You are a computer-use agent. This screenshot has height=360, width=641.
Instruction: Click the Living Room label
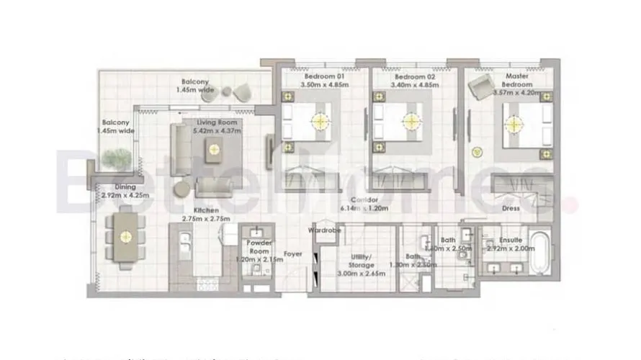pyautogui.click(x=218, y=127)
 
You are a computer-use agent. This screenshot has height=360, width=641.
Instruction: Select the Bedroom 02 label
pyautogui.click(x=411, y=80)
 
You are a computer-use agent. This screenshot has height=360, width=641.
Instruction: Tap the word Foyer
pyautogui.click(x=292, y=254)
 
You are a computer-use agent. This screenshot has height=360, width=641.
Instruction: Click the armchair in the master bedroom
pyautogui.click(x=479, y=88)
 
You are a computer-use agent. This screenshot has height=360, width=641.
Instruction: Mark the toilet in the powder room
pyautogui.click(x=255, y=270)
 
